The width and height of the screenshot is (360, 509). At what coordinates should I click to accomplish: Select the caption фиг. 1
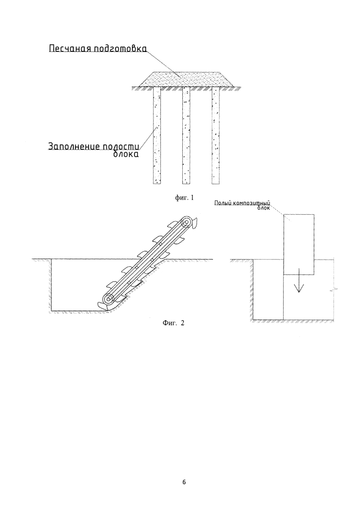coord(184,197)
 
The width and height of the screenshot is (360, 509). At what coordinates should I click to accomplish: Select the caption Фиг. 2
coord(173,323)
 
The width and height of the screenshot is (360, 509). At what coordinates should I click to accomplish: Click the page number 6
coord(184,482)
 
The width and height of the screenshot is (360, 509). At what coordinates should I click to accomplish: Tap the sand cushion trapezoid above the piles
coord(185,79)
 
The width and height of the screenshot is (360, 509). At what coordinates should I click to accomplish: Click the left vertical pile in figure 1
coord(157,135)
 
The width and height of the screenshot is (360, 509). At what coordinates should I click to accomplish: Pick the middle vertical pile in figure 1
coord(186,135)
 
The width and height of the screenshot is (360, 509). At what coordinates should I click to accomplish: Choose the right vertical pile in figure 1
coord(215,135)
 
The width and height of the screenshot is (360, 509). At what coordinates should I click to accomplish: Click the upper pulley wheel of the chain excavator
coord(186,223)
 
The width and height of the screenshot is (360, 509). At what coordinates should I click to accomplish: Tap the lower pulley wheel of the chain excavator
coord(108,299)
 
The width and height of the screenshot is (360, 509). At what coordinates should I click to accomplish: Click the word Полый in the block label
coord(221,203)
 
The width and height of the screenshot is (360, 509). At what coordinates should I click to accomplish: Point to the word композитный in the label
coord(250,203)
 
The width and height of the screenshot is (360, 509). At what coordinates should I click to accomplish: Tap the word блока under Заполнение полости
coord(126,154)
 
